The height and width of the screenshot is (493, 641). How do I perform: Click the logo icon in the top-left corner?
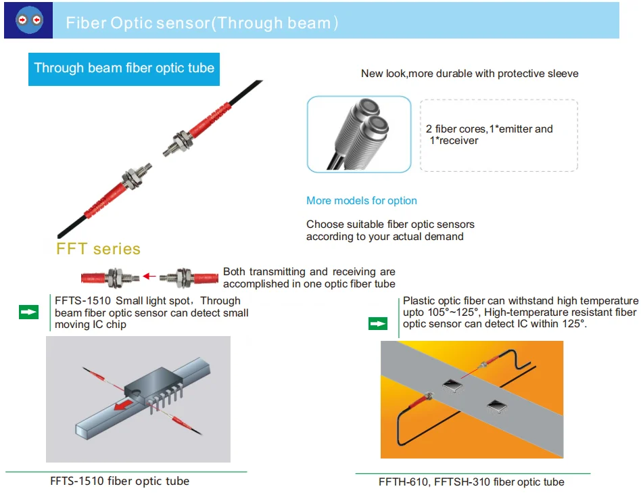28,20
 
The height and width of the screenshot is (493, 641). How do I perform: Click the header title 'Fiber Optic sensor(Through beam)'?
201,23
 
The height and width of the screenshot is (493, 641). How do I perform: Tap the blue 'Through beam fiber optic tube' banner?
124,68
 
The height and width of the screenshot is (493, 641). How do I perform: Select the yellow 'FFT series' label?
98,249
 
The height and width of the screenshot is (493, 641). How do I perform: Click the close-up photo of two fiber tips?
359,134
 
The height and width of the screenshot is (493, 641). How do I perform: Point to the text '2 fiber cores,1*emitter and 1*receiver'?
489,135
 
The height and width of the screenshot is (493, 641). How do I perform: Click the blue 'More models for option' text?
361,201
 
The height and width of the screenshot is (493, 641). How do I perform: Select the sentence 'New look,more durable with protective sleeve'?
469,73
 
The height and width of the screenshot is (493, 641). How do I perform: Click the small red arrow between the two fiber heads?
149,277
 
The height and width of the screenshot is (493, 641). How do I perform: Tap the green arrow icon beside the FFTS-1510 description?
28,312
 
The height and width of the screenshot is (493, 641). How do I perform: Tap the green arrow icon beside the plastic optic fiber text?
377,324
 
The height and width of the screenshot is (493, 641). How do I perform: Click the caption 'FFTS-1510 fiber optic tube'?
120,482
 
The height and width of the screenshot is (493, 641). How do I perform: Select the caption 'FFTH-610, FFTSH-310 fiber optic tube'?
471,482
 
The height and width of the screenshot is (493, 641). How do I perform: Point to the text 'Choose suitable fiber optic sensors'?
390,225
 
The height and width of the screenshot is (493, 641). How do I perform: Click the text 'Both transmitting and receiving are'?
309,272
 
